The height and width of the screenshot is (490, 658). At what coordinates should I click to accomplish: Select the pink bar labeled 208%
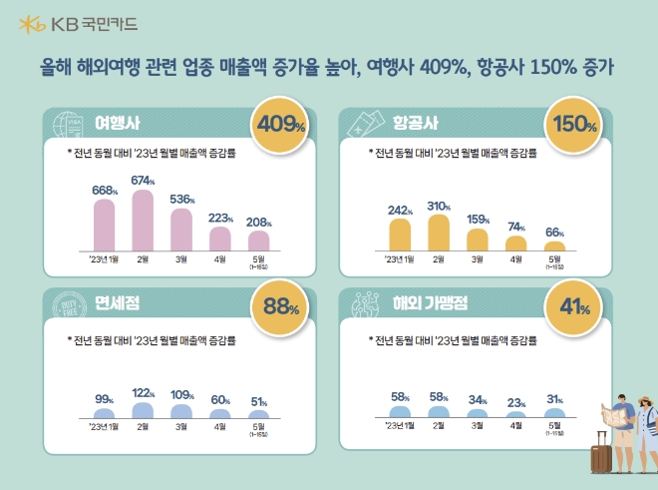click(258, 241)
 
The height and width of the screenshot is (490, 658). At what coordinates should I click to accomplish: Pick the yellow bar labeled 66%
click(554, 245)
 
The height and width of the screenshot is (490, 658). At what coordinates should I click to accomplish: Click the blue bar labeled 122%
click(143, 409)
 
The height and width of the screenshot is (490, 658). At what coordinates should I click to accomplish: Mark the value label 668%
click(105, 190)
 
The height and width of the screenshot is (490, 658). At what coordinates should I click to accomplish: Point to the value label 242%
click(400, 210)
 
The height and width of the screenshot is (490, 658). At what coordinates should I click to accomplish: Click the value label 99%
click(105, 398)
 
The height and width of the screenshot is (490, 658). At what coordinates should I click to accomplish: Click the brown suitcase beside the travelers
click(601, 456)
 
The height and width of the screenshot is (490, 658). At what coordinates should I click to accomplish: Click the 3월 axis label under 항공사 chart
click(477, 260)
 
